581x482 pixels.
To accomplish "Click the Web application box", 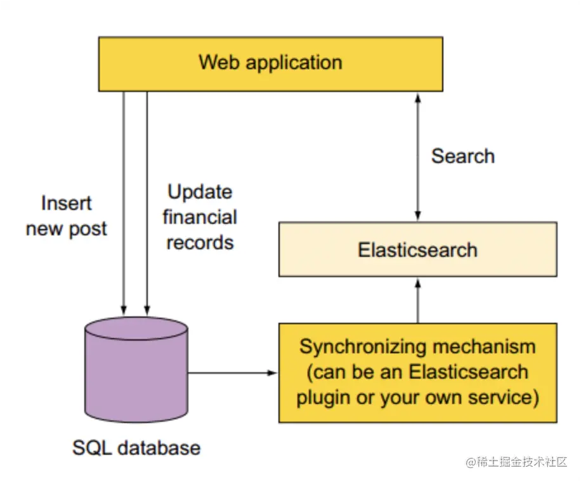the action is pyautogui.click(x=270, y=63).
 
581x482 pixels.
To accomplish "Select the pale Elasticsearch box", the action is pyautogui.click(x=417, y=249).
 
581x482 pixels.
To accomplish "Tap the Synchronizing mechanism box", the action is pyautogui.click(x=417, y=373).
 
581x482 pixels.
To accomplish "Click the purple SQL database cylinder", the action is pyautogui.click(x=136, y=370).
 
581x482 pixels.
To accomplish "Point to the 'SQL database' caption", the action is pyautogui.click(x=136, y=448).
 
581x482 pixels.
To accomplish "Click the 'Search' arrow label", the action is pyautogui.click(x=463, y=156).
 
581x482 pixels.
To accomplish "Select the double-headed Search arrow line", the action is pyautogui.click(x=417, y=157).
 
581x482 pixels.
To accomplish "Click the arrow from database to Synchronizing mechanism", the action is pyautogui.click(x=233, y=373).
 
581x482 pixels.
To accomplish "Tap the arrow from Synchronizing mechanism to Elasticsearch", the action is pyautogui.click(x=417, y=301).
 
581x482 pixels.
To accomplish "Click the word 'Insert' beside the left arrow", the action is pyautogui.click(x=67, y=203).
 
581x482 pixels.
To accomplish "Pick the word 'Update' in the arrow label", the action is pyautogui.click(x=200, y=193).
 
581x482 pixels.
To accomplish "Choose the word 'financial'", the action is pyautogui.click(x=200, y=217).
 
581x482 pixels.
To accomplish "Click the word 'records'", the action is pyautogui.click(x=200, y=243).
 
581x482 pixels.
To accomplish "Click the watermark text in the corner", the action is pyautogui.click(x=516, y=462).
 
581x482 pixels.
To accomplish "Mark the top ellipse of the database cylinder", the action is pyautogui.click(x=136, y=328).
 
